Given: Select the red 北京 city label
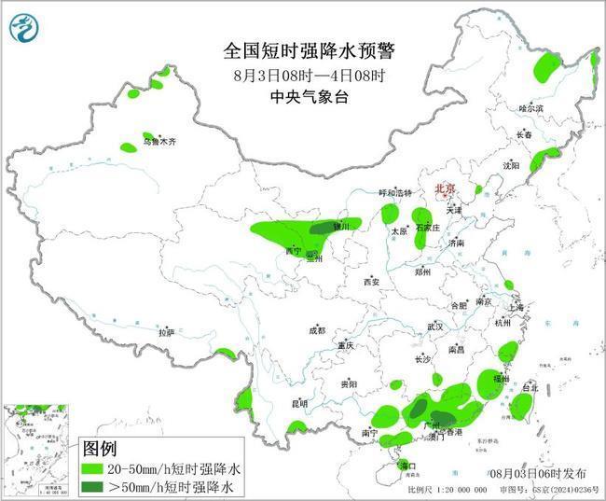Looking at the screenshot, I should tap(445, 189).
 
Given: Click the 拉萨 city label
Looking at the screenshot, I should tap(166, 331).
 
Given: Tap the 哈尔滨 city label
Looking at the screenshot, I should tap(530, 108).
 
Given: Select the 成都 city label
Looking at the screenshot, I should tap(317, 330).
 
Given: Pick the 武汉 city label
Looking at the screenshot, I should tap(434, 327).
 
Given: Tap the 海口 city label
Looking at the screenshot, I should tap(406, 465).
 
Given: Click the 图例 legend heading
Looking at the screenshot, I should tap(101, 448).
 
